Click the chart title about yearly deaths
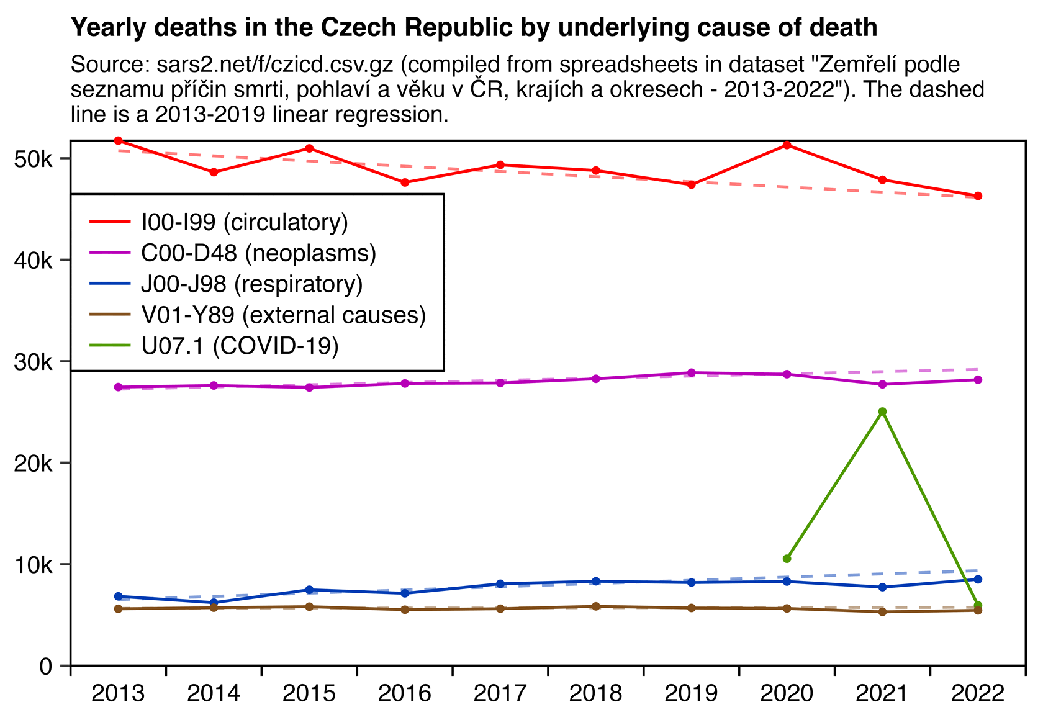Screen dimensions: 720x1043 [x=474, y=28]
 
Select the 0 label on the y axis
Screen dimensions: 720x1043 [x=45, y=667]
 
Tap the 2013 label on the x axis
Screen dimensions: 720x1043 [x=118, y=693]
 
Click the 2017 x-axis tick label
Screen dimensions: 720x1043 [x=500, y=693]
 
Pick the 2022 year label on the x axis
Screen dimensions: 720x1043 [x=978, y=693]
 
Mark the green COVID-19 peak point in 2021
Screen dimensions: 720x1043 [x=882, y=412]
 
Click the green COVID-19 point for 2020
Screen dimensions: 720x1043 [x=787, y=559]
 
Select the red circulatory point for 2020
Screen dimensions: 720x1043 [x=787, y=145]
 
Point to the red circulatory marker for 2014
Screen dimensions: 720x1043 [x=214, y=172]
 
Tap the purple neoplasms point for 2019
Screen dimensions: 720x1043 [x=692, y=373]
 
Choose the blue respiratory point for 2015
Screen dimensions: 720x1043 [x=309, y=590]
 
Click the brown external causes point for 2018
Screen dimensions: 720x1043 [x=596, y=606]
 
